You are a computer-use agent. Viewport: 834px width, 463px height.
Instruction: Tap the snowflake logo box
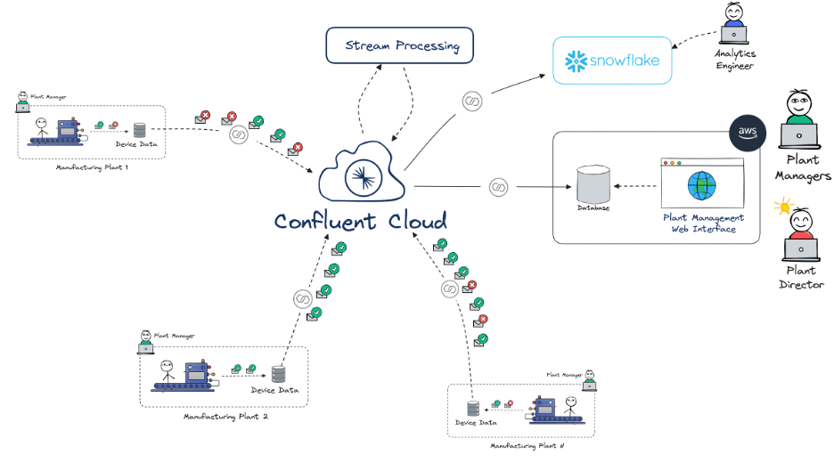610,61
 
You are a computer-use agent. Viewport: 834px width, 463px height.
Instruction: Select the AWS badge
747,133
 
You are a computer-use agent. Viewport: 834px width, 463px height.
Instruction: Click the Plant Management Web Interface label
702,223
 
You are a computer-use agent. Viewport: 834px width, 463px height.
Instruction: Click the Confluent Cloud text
361,222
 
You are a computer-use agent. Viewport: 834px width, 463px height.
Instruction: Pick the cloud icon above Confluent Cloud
361,174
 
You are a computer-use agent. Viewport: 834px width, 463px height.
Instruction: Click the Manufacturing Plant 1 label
93,167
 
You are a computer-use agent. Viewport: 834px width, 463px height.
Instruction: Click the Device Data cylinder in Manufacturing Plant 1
139,131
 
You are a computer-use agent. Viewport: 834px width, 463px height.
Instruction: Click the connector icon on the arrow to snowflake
471,102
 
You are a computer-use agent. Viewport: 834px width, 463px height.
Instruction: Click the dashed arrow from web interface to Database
634,186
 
